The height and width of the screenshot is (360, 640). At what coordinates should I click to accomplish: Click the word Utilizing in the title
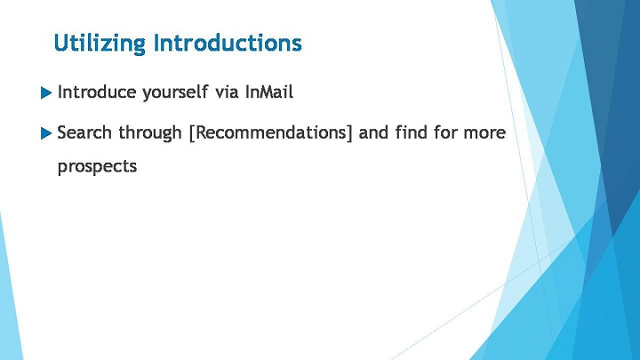click(x=100, y=44)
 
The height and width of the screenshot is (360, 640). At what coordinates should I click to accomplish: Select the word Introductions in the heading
click(x=228, y=43)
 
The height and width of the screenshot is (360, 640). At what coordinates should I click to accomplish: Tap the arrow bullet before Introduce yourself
click(x=46, y=93)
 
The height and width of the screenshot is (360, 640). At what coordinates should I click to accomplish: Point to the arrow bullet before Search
click(x=46, y=133)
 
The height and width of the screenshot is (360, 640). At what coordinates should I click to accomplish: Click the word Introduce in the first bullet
click(x=97, y=92)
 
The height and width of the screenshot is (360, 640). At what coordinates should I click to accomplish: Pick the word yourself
click(x=175, y=92)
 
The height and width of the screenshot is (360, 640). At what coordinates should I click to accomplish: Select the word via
click(x=227, y=92)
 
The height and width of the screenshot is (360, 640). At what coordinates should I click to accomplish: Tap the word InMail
click(x=269, y=92)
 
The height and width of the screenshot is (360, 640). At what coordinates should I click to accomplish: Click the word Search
click(x=84, y=132)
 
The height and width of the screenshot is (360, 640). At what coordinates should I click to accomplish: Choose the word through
click(x=150, y=133)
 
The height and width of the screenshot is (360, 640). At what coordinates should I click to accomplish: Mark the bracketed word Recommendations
click(x=270, y=133)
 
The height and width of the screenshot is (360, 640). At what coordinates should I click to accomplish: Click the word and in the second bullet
click(x=373, y=132)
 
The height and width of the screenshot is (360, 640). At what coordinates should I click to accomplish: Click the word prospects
click(x=97, y=167)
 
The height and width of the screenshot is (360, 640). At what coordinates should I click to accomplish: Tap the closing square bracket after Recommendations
click(x=349, y=133)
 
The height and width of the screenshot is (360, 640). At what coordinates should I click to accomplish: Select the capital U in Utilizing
click(x=61, y=43)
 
